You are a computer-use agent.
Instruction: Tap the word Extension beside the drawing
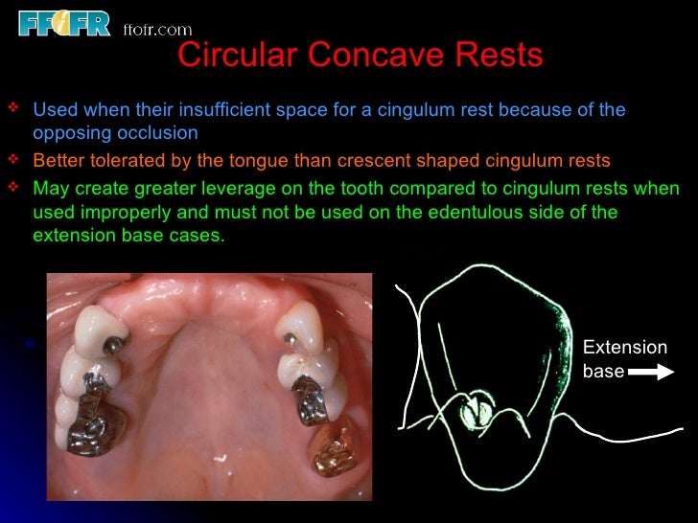coord(624,348)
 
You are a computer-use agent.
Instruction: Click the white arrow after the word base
coord(652,372)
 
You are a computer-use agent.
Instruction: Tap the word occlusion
coord(163,132)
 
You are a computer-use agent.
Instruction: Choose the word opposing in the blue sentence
coord(66,132)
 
